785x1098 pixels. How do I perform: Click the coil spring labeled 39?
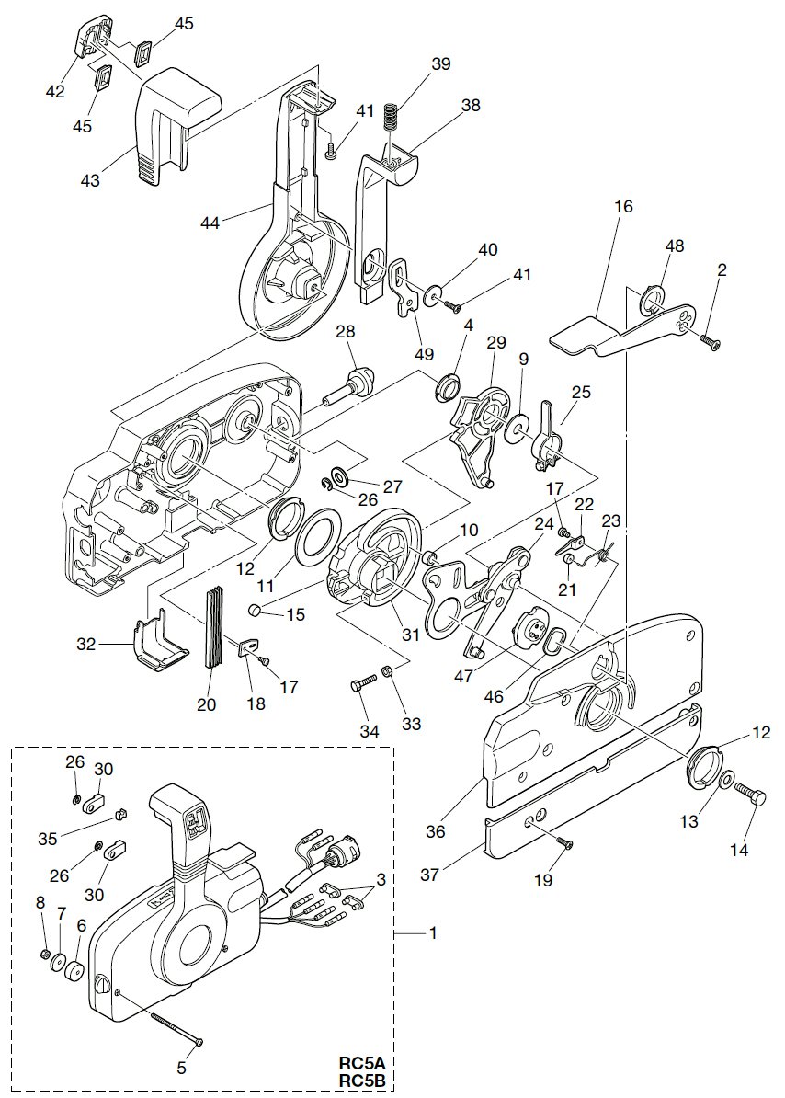point(392,117)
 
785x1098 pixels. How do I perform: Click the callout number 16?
point(623,207)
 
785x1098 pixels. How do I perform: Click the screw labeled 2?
point(710,342)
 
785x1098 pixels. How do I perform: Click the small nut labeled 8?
point(46,954)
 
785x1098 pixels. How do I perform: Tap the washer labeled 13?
point(726,781)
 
